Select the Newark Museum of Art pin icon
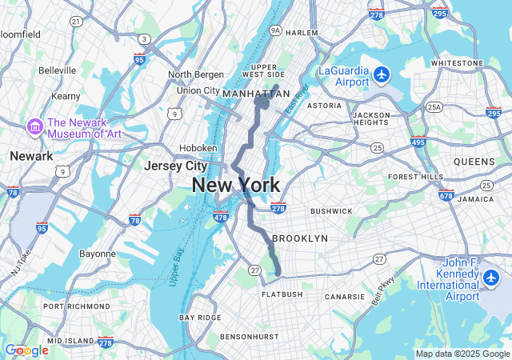point(34,126)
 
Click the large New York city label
point(235,186)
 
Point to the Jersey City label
point(175,166)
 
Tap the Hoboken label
point(198,148)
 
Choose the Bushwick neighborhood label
point(330,211)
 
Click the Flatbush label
point(282,294)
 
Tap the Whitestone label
point(457,62)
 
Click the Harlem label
point(302,33)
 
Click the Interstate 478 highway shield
point(222,216)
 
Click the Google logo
point(26,350)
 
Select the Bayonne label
point(97,254)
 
